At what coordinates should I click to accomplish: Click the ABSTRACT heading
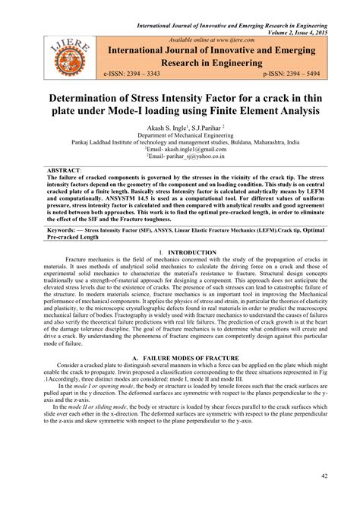coord(64,172)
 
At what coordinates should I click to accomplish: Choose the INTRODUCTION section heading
coord(193,251)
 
